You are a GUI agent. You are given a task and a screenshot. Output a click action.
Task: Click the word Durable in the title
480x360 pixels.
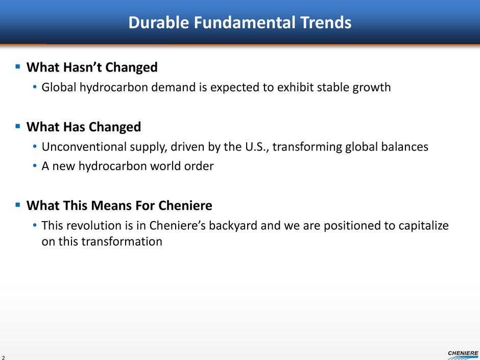tap(159, 22)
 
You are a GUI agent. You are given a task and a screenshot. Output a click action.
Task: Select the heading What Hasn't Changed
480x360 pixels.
tap(92, 67)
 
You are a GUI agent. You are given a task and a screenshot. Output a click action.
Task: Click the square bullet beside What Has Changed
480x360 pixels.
tap(18, 126)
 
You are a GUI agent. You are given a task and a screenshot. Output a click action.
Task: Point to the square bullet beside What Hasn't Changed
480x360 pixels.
tap(18, 66)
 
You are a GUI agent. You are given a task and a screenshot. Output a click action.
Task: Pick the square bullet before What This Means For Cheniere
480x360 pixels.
tap(18, 204)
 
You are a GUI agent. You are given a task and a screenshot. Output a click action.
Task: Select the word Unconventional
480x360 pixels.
tap(84, 147)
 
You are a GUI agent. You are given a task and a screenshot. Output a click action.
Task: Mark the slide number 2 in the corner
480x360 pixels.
tap(3, 357)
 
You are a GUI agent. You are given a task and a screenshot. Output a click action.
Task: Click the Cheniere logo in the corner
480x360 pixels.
tap(463, 355)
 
